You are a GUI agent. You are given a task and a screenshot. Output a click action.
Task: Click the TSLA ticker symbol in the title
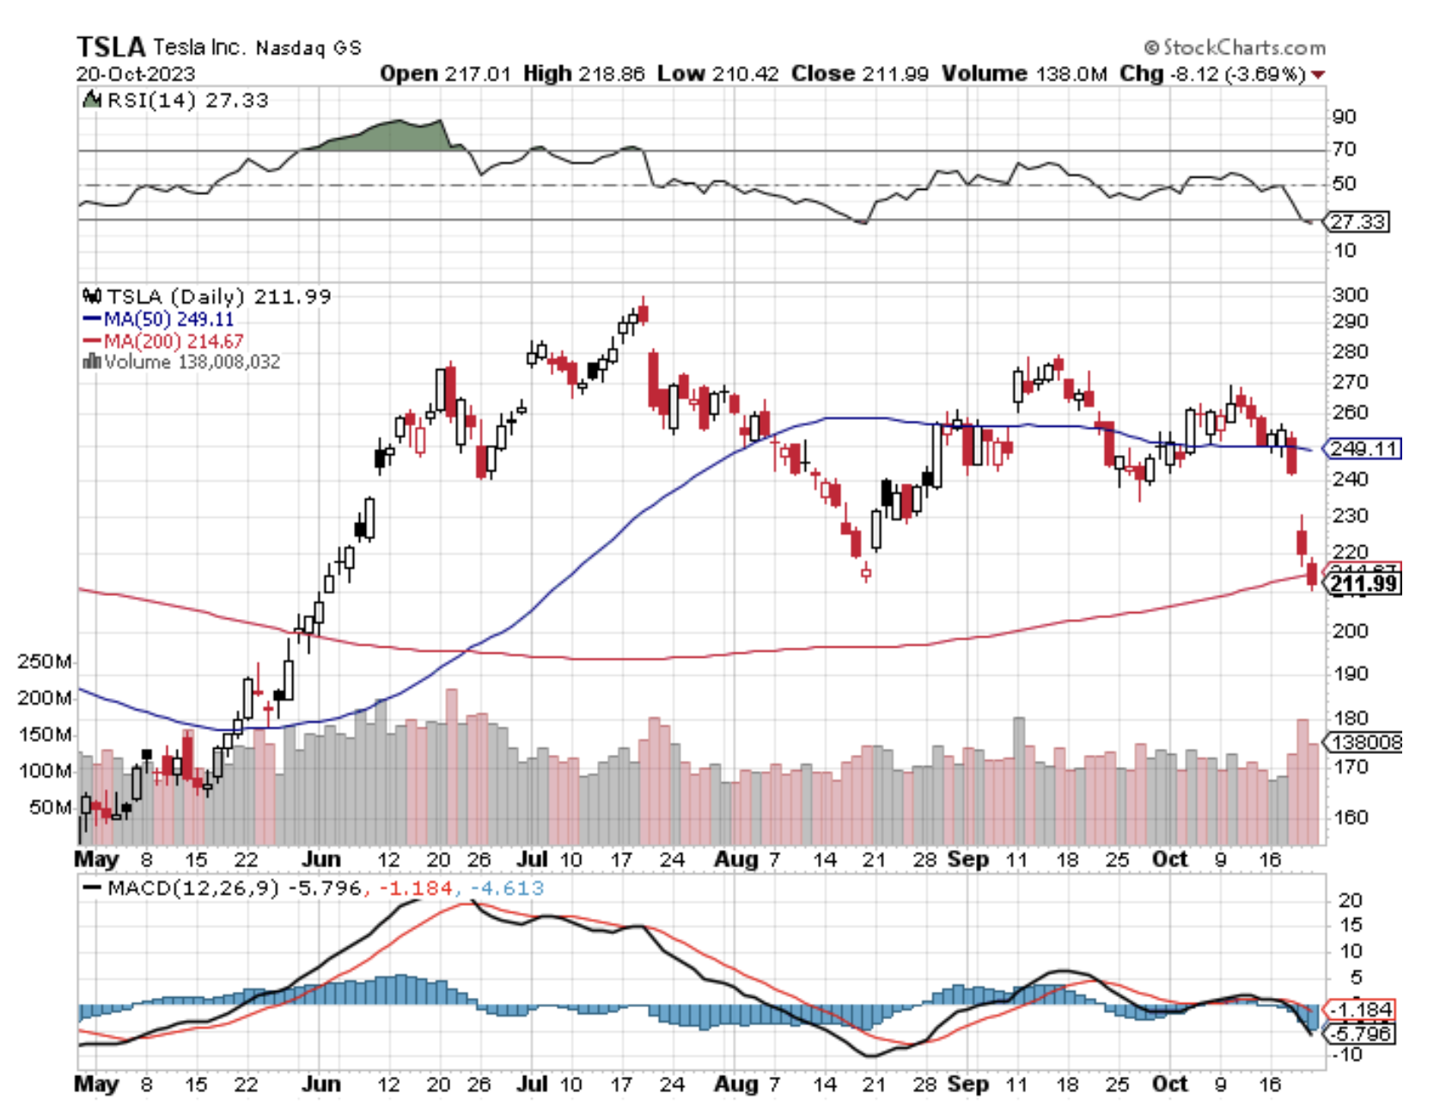click(111, 46)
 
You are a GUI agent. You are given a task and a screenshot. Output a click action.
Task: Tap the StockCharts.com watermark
click(1235, 47)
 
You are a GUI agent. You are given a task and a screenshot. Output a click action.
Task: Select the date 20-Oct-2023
click(136, 74)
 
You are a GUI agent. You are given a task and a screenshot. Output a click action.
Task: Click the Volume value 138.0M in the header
click(1071, 74)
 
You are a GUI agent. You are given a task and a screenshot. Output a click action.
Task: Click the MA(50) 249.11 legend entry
click(159, 319)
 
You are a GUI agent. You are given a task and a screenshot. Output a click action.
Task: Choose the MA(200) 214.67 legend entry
click(163, 341)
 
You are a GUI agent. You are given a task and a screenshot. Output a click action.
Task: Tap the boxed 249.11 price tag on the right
click(1364, 448)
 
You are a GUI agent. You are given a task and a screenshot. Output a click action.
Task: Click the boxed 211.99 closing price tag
click(1364, 585)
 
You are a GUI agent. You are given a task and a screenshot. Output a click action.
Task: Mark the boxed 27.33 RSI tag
click(1357, 222)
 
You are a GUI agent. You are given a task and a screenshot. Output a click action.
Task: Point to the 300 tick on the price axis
click(1350, 295)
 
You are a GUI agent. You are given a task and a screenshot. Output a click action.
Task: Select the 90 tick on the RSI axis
click(1344, 117)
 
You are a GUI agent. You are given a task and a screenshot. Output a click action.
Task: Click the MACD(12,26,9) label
click(193, 888)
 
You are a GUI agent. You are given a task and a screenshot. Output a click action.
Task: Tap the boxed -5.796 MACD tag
click(1362, 1033)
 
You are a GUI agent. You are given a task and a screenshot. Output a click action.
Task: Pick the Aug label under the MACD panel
click(736, 1084)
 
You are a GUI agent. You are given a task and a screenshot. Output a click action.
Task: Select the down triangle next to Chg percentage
click(1318, 75)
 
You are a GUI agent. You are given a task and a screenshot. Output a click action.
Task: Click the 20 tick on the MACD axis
click(1350, 900)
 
